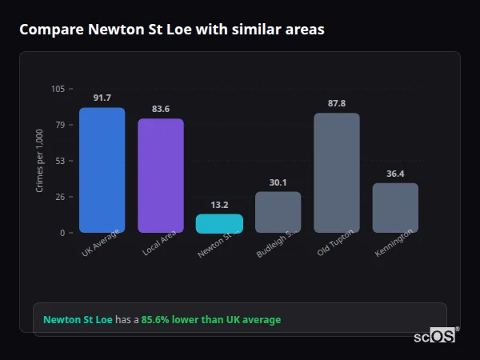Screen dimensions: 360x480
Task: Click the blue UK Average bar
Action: (x=102, y=170)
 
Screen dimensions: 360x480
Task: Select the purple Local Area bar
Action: (x=160, y=175)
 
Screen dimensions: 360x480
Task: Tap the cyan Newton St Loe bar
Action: (x=219, y=223)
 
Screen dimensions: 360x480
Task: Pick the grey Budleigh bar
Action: (x=278, y=212)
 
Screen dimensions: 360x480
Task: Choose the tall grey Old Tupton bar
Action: (x=336, y=173)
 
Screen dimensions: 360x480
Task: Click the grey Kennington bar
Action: (x=395, y=208)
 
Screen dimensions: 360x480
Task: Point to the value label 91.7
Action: (x=102, y=98)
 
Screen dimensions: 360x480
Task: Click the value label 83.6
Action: (x=160, y=109)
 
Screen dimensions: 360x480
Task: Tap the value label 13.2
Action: (x=219, y=205)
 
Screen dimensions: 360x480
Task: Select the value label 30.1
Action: (x=278, y=182)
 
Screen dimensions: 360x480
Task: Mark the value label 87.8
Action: (x=336, y=103)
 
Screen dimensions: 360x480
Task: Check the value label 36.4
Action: (x=395, y=174)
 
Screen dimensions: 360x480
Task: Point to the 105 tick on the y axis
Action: (x=58, y=89)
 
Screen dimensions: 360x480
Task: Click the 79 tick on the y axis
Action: (x=61, y=125)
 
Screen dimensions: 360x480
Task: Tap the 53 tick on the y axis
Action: (x=61, y=161)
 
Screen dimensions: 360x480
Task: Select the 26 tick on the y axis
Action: (x=61, y=197)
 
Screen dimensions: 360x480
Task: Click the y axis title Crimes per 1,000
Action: (x=40, y=160)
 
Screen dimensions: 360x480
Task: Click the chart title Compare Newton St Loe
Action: (x=172, y=30)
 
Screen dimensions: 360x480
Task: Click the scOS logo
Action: (x=434, y=337)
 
